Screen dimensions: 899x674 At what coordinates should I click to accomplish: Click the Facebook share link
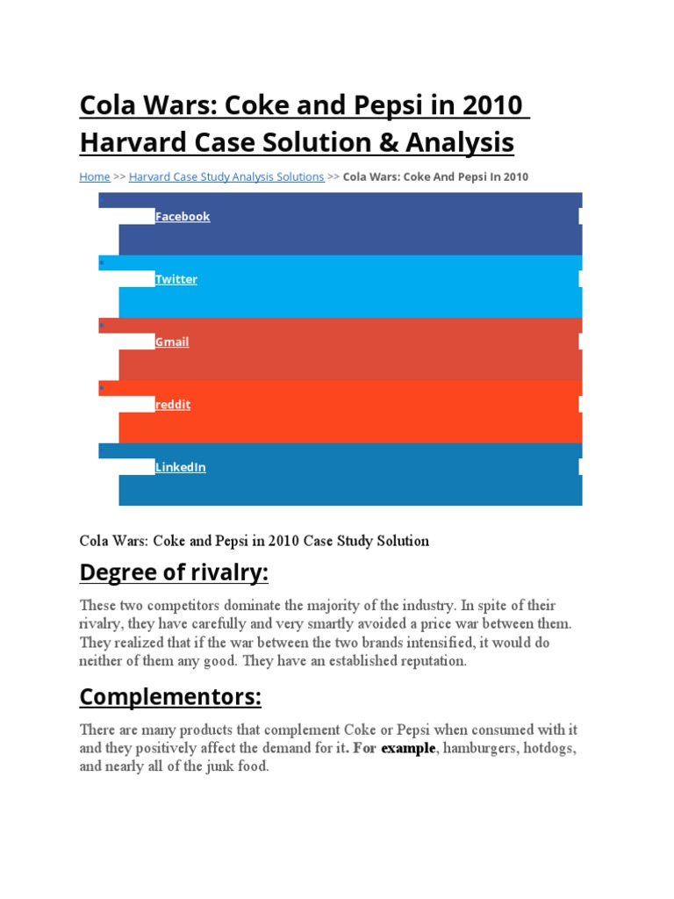(183, 217)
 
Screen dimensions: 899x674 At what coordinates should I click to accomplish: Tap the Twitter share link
(176, 279)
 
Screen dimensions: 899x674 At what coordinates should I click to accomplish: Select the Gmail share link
(172, 342)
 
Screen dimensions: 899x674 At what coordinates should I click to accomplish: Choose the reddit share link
(173, 405)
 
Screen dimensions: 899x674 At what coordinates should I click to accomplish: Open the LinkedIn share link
(181, 467)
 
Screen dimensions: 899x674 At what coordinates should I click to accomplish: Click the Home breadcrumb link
(95, 176)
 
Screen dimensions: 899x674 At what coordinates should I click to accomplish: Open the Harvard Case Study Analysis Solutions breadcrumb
(226, 176)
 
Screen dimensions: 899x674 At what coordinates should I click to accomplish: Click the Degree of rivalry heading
(174, 573)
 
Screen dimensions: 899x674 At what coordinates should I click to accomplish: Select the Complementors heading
(170, 697)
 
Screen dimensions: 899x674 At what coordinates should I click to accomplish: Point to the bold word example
(408, 748)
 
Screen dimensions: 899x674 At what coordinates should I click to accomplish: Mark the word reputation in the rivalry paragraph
(427, 660)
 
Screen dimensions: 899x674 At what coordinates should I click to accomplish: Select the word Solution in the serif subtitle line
(401, 541)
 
